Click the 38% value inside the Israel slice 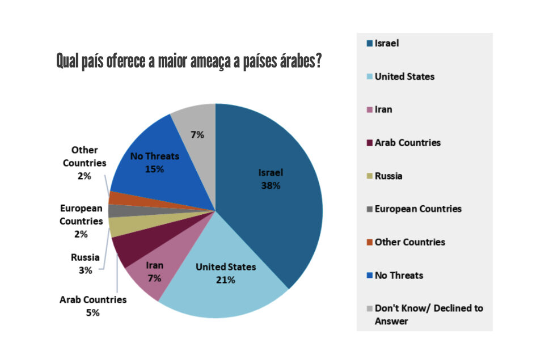271,185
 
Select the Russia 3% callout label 85,264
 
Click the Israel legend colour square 369,43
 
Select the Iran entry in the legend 383,109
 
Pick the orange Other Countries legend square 369,243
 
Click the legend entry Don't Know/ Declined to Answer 428,315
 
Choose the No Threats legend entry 399,276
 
